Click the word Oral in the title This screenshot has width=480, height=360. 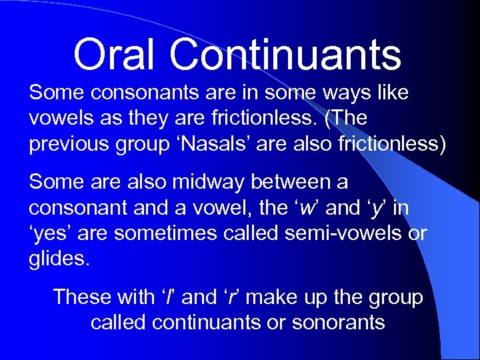click(x=115, y=55)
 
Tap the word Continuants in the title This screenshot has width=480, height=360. click(x=285, y=55)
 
